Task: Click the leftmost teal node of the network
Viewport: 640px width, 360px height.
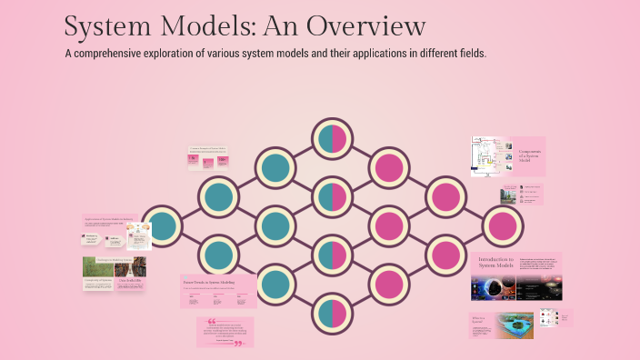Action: tap(162, 225)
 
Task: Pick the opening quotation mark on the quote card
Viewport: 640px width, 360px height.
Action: tap(211, 322)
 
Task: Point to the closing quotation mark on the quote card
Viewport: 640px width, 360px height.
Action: tap(239, 344)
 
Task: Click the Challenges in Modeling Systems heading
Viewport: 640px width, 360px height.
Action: tap(109, 259)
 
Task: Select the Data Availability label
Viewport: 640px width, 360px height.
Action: tap(132, 281)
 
